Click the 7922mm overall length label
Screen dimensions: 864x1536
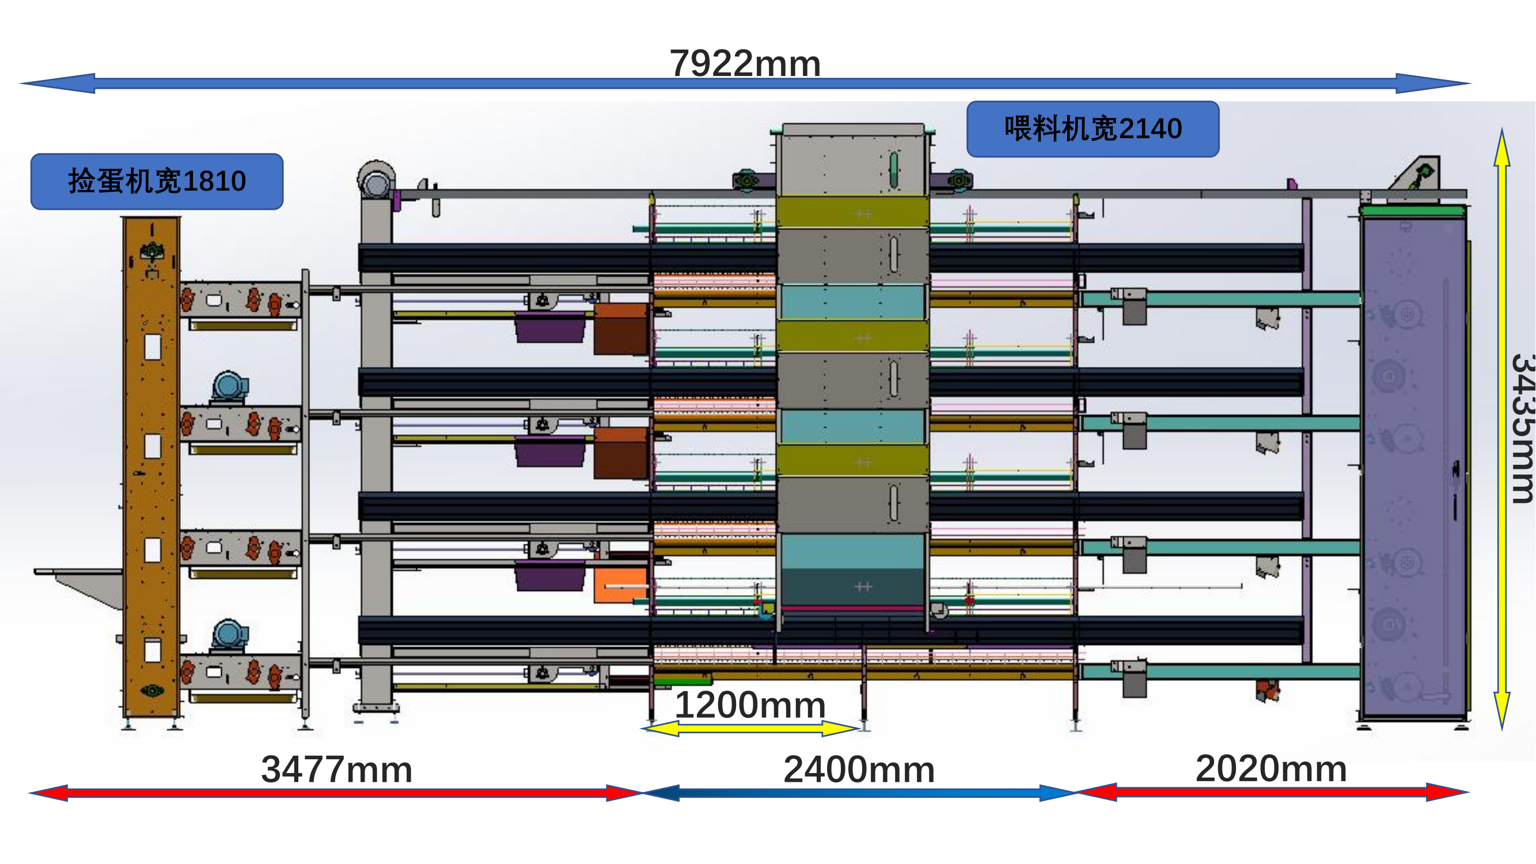(745, 63)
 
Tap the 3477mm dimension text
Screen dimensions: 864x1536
(336, 769)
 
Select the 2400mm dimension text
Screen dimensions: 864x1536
(859, 769)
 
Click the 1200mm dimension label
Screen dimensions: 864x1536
(749, 705)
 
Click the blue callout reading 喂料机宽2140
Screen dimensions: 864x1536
(1093, 129)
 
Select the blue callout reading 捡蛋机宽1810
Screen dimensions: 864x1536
(157, 181)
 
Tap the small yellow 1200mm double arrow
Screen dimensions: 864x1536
(750, 728)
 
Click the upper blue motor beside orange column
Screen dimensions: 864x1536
(229, 386)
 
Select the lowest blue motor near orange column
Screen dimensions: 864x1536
(229, 634)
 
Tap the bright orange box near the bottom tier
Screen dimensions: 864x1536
(620, 584)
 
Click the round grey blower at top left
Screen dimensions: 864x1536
(376, 179)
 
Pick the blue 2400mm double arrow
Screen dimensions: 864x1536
(859, 793)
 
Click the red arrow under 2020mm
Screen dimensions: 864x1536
(1272, 793)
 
